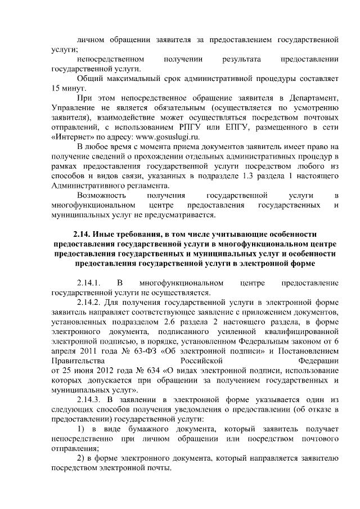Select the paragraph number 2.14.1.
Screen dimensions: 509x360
click(x=88, y=282)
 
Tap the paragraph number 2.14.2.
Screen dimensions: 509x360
click(x=88, y=301)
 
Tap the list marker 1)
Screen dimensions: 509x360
click(x=80, y=430)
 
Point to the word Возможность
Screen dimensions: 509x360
click(x=101, y=195)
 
